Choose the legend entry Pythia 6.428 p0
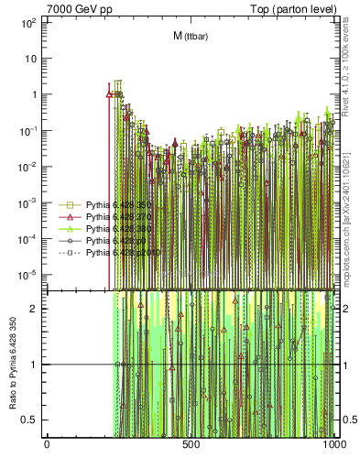[118, 240]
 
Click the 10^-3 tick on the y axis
[27, 202]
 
